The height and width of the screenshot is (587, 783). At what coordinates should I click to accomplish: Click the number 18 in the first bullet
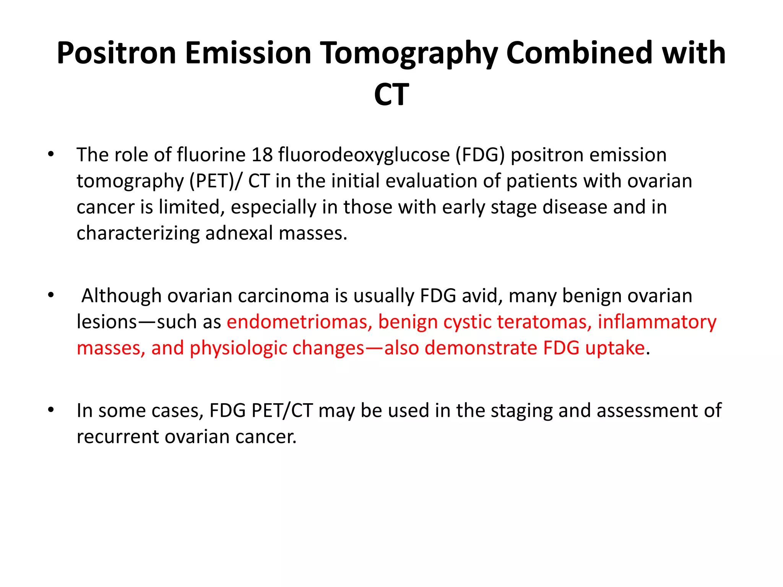262,155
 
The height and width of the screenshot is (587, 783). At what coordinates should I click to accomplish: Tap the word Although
121,296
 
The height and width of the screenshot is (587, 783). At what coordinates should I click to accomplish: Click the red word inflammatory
657,322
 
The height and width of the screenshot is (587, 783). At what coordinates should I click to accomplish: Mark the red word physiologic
238,348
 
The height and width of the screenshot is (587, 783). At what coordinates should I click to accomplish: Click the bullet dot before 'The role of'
51,154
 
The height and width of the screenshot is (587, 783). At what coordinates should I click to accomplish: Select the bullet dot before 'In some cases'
51,410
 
